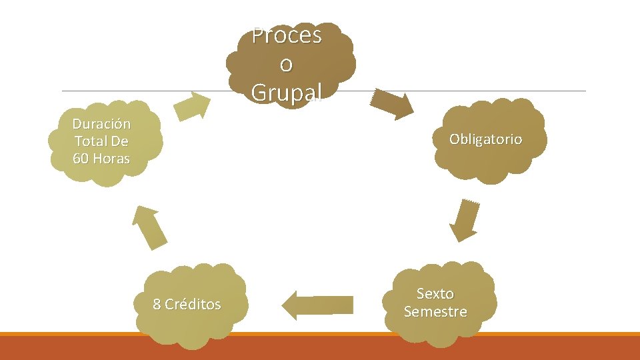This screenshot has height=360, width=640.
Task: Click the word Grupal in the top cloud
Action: [287, 93]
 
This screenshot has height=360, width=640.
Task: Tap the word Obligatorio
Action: [485, 139]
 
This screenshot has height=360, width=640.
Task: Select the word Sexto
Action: [435, 293]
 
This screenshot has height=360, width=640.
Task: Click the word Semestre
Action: [435, 311]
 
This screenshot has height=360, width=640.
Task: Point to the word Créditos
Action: [193, 305]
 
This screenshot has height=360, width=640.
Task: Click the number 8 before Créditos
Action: [157, 305]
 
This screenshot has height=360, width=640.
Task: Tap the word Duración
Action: [101, 124]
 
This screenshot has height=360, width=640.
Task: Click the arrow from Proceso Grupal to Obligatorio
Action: [393, 104]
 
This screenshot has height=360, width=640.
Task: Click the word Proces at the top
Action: [287, 35]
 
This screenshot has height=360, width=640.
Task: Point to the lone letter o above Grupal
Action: [287, 64]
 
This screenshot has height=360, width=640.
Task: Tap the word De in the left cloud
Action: [121, 141]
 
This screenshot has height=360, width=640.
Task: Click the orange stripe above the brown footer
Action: [320, 334]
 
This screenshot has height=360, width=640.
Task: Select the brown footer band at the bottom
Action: [320, 348]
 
